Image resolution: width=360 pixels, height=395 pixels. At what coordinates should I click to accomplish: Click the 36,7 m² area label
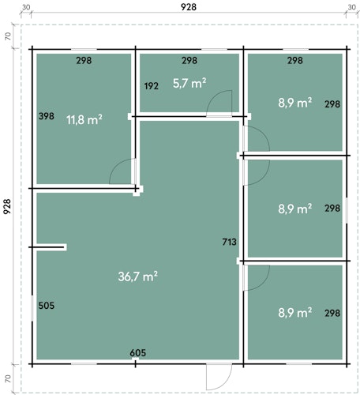137,276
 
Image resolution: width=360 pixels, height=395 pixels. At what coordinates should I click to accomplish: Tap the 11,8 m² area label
84,120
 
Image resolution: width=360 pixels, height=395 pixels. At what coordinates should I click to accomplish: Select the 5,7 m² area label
189,83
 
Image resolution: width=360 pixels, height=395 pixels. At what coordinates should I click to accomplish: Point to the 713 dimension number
230,242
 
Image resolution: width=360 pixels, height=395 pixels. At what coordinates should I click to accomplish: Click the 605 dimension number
138,353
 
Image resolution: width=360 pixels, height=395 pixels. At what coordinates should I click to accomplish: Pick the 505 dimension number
47,306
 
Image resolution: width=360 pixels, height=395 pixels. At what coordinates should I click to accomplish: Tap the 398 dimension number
47,116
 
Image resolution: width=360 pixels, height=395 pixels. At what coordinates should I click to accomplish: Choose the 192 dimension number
152,86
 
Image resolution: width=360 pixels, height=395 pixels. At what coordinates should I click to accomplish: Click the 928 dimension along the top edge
189,7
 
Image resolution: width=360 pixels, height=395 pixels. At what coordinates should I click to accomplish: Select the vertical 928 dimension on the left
7,206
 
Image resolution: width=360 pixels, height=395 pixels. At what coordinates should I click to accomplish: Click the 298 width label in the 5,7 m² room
189,61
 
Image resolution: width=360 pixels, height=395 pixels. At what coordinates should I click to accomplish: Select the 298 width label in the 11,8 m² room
84,61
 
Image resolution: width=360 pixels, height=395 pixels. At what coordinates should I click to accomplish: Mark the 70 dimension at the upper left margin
8,36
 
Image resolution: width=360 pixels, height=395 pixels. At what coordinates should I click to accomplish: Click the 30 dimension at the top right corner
351,7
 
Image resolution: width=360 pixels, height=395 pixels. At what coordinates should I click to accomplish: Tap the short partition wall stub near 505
48,247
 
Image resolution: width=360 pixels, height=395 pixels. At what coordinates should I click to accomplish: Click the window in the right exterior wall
347,210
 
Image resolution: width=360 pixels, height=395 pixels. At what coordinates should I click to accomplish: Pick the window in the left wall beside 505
32,308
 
